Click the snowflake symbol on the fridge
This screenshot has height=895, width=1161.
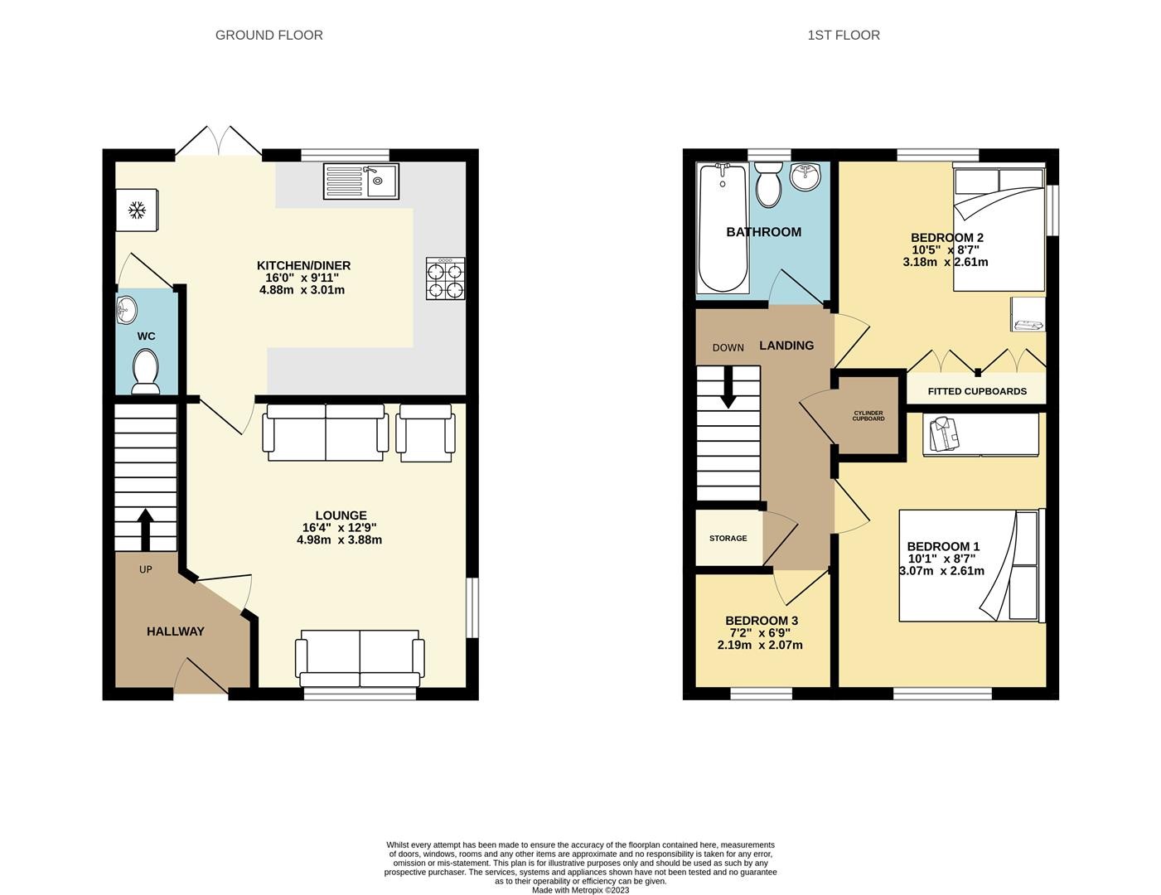click(137, 210)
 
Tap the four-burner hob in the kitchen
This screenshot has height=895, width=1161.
click(445, 278)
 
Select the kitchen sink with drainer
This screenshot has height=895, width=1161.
click(361, 181)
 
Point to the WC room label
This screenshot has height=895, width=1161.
click(146, 336)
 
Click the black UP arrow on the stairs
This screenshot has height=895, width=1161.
click(146, 529)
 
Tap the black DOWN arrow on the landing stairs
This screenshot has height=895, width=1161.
click(728, 387)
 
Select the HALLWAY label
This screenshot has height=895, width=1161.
click(175, 631)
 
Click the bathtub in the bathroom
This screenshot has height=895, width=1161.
click(723, 228)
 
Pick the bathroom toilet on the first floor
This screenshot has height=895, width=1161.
click(768, 185)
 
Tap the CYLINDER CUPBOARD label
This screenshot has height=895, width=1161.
click(868, 416)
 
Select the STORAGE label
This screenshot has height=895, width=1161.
click(728, 538)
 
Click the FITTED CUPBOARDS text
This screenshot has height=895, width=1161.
click(977, 391)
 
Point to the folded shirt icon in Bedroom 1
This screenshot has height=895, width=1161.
click(944, 434)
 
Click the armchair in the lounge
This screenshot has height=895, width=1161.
click(425, 433)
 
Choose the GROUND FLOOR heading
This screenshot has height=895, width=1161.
click(268, 36)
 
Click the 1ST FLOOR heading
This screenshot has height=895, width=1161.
click(844, 36)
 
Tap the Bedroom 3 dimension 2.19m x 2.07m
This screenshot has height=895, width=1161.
click(759, 645)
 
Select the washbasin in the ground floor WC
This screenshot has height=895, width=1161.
click(126, 310)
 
